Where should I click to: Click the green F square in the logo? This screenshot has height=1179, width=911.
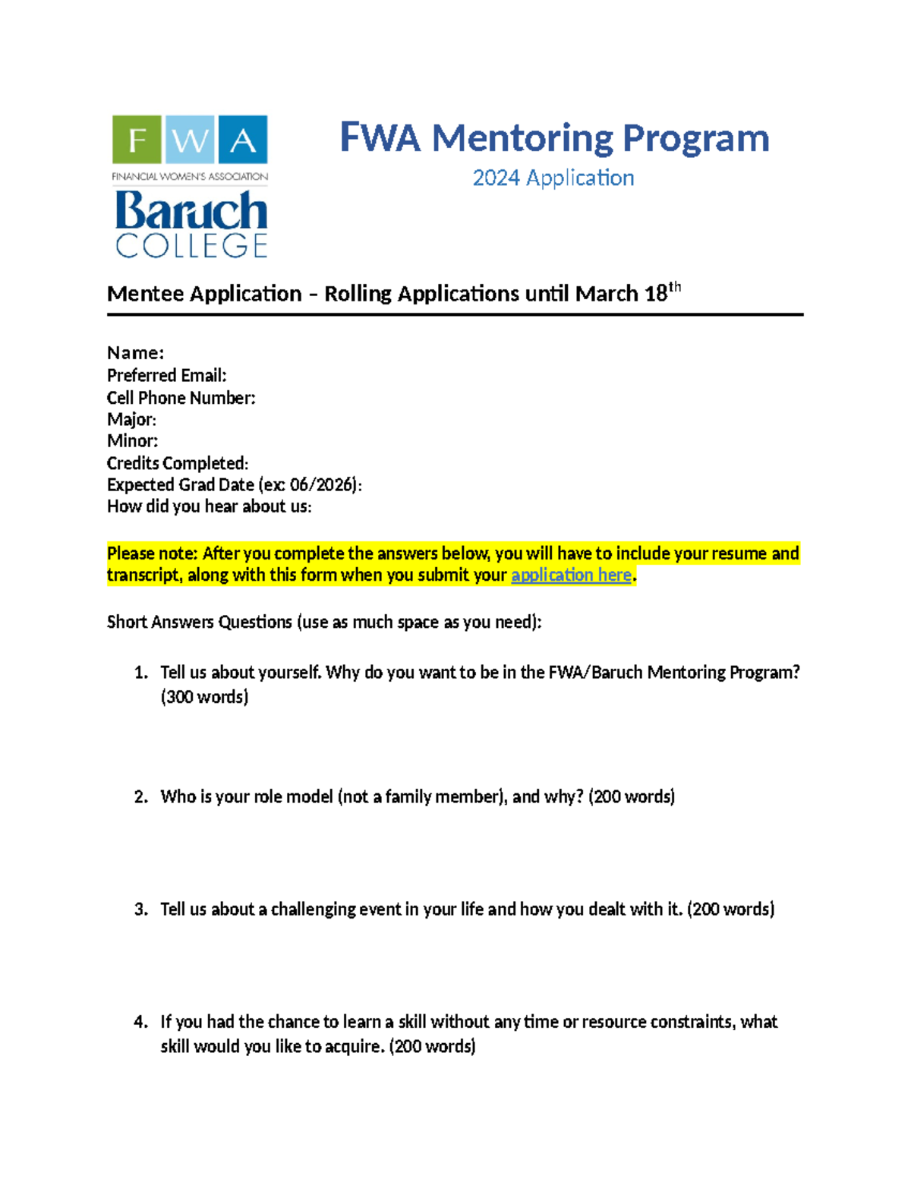click(137, 140)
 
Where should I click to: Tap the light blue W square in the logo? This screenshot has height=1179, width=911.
click(190, 140)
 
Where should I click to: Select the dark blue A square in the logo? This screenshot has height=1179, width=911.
click(243, 140)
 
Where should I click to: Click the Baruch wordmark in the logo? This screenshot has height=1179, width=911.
click(191, 210)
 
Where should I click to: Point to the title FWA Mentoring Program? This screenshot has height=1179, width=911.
click(554, 138)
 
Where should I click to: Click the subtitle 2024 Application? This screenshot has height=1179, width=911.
click(553, 178)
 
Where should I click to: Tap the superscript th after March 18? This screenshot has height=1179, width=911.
click(674, 287)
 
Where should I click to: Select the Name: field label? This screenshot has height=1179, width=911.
click(136, 353)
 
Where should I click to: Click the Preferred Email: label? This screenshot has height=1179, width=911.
click(167, 375)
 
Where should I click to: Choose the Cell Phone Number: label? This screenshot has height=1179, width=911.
click(181, 398)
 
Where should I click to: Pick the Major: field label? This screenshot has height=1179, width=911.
click(132, 419)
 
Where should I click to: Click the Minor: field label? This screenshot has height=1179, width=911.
click(133, 441)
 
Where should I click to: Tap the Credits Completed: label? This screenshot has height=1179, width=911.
click(178, 463)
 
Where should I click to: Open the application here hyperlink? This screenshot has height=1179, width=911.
click(571, 575)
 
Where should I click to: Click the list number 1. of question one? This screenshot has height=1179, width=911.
click(140, 673)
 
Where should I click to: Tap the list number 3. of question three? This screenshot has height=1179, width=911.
click(140, 909)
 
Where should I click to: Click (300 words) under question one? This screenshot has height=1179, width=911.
click(204, 697)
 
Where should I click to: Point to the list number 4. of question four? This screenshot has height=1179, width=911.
click(140, 1022)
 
